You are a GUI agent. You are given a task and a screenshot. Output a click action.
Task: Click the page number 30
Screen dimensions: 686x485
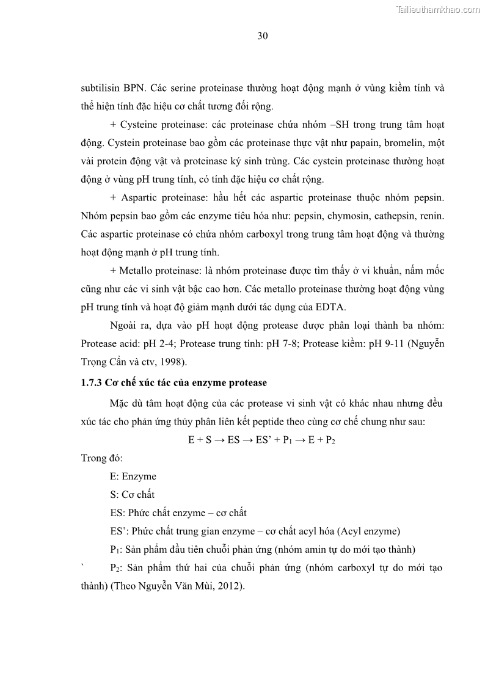point(263,36)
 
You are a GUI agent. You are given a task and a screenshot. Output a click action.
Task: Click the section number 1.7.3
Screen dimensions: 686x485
point(93,384)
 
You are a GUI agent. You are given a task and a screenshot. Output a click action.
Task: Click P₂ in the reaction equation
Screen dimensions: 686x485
point(330,440)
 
